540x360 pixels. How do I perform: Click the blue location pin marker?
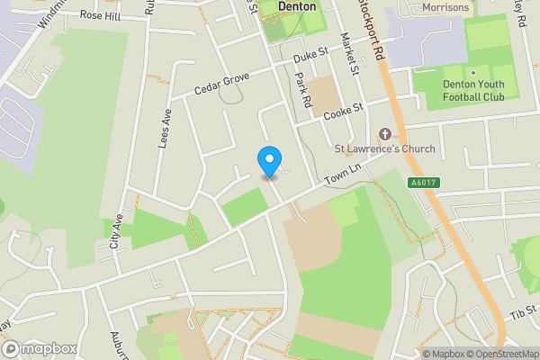pyautogui.click(x=268, y=161)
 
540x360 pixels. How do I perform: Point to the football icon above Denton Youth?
pyautogui.click(x=472, y=72)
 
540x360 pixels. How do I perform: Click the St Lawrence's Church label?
pyautogui.click(x=384, y=148)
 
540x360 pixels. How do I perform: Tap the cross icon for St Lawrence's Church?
pyautogui.click(x=385, y=133)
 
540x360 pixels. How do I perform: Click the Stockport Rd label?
pyautogui.click(x=369, y=29)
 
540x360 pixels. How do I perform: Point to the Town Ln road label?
pyautogui.click(x=343, y=175)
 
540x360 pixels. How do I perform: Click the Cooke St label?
pyautogui.click(x=343, y=111)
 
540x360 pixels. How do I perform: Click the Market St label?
pyautogui.click(x=350, y=53)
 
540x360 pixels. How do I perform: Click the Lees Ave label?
pyautogui.click(x=166, y=129)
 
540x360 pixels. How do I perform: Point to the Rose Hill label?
pyautogui.click(x=99, y=15)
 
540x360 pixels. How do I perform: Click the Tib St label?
pyautogui.click(x=522, y=312)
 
